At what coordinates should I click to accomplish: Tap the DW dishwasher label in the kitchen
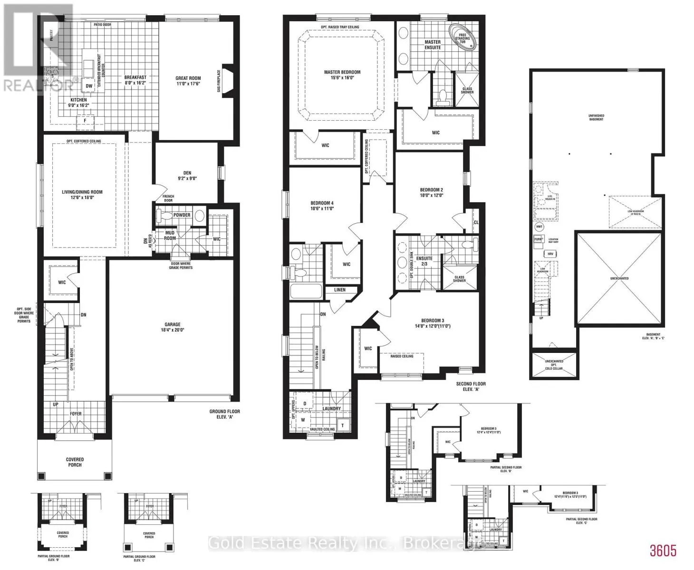point(89,86)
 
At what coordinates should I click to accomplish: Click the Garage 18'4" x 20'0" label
point(173,327)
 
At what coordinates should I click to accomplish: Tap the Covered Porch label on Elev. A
point(75,462)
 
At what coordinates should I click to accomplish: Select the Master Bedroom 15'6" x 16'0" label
point(342,75)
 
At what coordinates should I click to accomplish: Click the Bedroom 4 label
point(322,205)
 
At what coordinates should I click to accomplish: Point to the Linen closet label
point(340,290)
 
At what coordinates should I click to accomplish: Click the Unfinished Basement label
point(596,117)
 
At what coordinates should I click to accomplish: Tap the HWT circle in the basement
point(539,227)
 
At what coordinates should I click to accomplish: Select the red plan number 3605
point(663,551)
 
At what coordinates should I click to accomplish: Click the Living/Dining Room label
point(82,195)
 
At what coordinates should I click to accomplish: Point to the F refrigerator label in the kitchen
point(86,121)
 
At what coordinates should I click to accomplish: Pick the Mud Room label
point(170,236)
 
